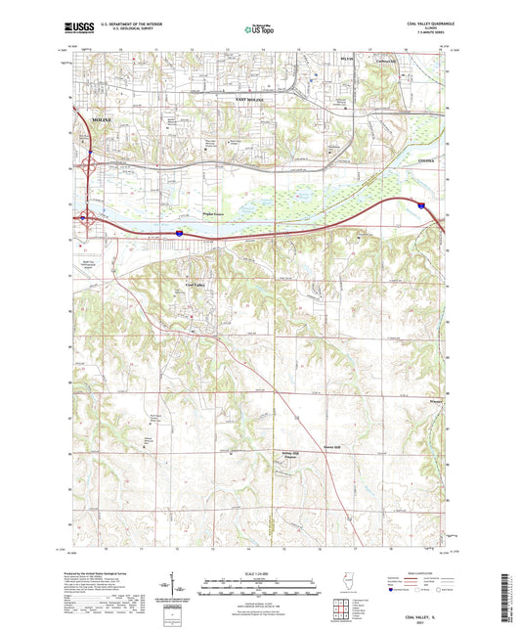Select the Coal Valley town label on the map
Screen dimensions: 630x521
point(195,285)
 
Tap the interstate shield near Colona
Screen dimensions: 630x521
point(420,205)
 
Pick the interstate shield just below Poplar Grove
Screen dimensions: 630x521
point(180,233)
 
